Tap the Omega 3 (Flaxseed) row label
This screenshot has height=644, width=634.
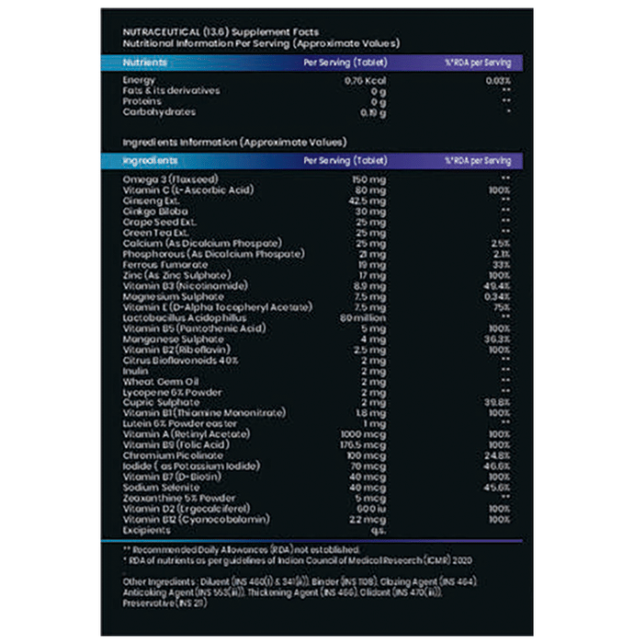(x=163, y=178)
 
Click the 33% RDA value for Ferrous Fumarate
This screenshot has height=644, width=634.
(x=500, y=264)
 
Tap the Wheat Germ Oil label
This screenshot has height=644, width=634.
(x=151, y=381)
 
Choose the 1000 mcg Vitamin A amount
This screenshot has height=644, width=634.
(x=367, y=433)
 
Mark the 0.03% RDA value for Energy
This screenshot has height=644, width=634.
(x=499, y=81)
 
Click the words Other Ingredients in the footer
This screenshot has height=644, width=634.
(x=156, y=581)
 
